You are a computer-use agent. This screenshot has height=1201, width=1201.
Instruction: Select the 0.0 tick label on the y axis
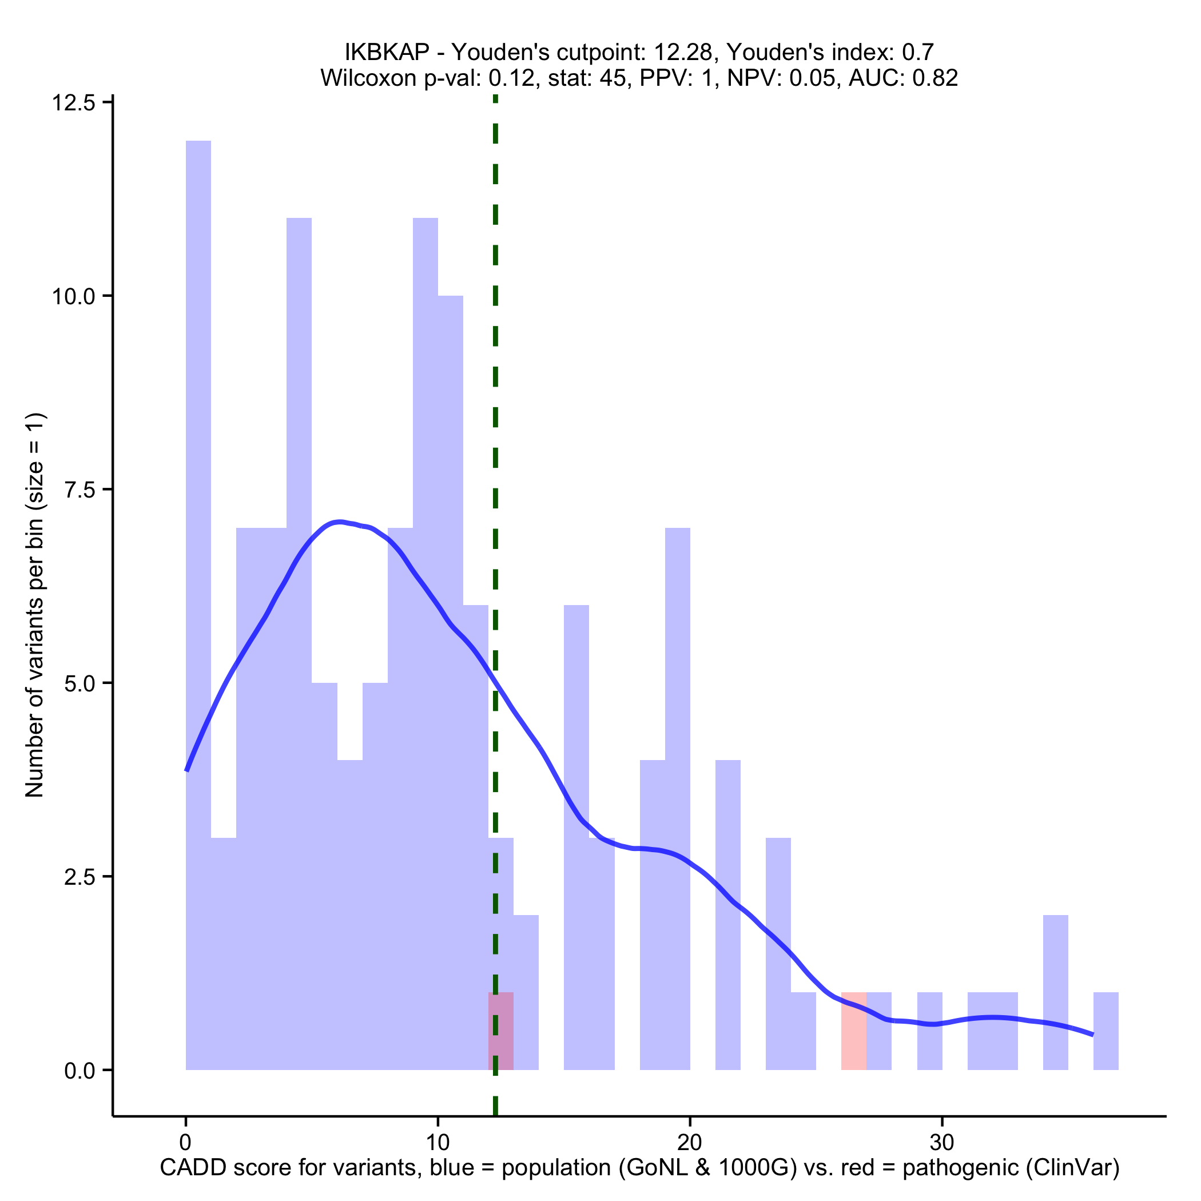point(81,1071)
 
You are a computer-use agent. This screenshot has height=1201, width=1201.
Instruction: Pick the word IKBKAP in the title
point(387,52)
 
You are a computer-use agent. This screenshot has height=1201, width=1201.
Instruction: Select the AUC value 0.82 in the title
point(935,78)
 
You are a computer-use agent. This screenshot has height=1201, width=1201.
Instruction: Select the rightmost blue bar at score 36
point(1106,1032)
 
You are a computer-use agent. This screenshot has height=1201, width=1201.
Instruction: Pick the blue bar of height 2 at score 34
point(1056,995)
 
